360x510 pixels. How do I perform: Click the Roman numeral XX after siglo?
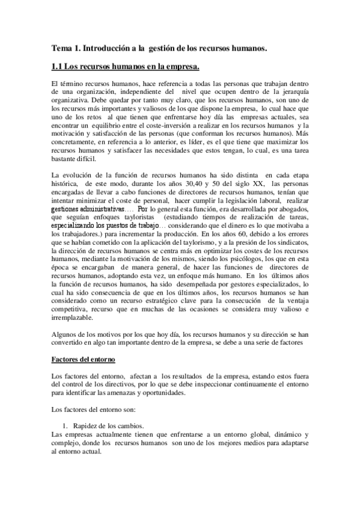coord(250,182)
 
